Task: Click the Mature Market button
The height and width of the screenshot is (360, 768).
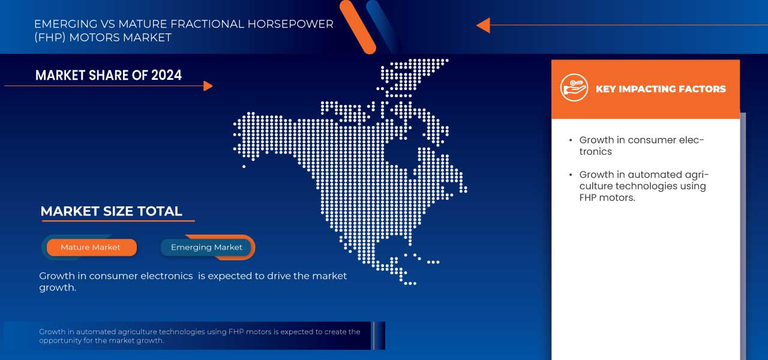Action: pyautogui.click(x=91, y=247)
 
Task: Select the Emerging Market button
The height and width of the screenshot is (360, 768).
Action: pyautogui.click(x=206, y=247)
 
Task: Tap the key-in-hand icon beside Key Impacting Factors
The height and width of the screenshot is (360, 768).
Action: pyautogui.click(x=574, y=88)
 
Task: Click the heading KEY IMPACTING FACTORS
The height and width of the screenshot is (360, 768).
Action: pyautogui.click(x=660, y=89)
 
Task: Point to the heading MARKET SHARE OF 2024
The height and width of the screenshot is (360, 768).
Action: pyautogui.click(x=108, y=75)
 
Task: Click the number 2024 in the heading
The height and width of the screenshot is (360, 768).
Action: pyautogui.click(x=166, y=75)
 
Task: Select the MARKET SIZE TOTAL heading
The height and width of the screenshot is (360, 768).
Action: pyautogui.click(x=111, y=211)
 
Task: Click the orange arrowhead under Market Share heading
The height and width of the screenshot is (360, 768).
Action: pyautogui.click(x=208, y=86)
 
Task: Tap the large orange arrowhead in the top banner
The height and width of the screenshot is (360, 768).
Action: pyautogui.click(x=483, y=25)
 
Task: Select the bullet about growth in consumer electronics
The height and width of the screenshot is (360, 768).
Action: pyautogui.click(x=641, y=146)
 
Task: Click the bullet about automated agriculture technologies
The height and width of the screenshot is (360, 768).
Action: pyautogui.click(x=643, y=186)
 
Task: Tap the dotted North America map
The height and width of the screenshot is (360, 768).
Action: pyautogui.click(x=360, y=174)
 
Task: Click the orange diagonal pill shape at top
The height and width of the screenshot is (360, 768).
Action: pyautogui.click(x=358, y=26)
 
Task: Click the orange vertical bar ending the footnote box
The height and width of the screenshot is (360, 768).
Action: pyautogui.click(x=373, y=335)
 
